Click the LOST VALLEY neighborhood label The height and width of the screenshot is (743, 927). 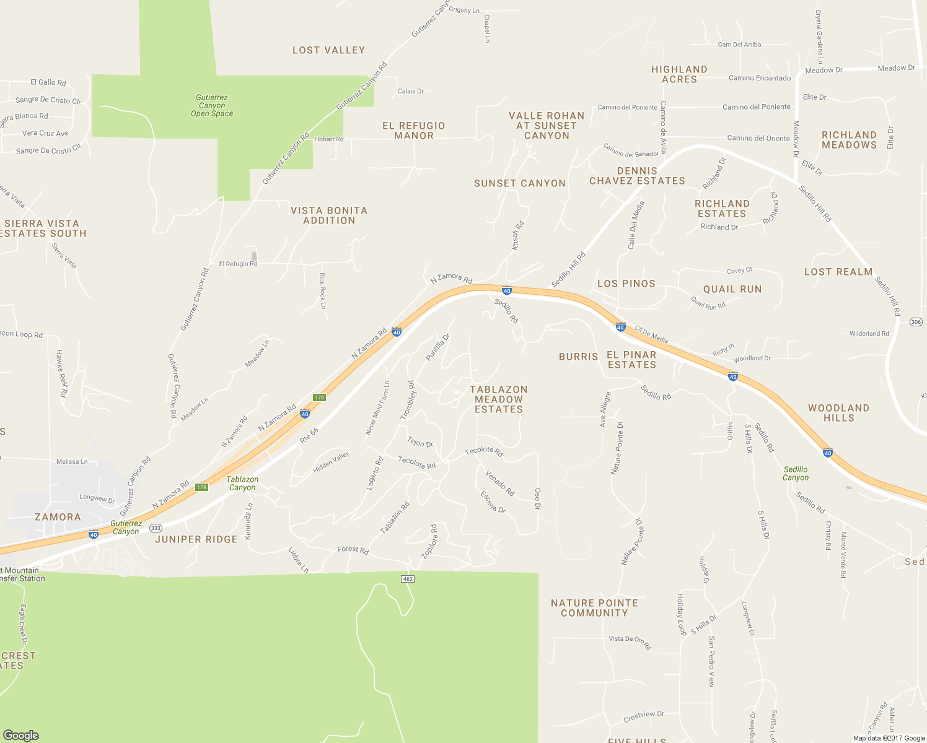pyautogui.click(x=328, y=50)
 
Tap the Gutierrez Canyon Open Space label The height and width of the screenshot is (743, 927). pyautogui.click(x=212, y=106)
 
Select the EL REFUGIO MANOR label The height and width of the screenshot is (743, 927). pyautogui.click(x=414, y=131)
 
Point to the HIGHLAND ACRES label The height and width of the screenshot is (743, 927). pyautogui.click(x=679, y=74)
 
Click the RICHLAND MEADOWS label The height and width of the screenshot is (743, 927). pyautogui.click(x=849, y=140)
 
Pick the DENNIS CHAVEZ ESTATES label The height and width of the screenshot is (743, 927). pyautogui.click(x=637, y=176)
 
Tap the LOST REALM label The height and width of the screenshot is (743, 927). pyautogui.click(x=838, y=272)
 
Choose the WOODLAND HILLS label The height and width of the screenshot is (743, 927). pyautogui.click(x=838, y=413)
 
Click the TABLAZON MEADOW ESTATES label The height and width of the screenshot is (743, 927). pyautogui.click(x=499, y=399)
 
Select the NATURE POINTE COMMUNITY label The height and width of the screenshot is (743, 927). pyautogui.click(x=594, y=608)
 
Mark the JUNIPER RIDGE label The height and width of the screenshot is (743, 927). pyautogui.click(x=196, y=539)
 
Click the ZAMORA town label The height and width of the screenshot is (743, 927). pyautogui.click(x=58, y=517)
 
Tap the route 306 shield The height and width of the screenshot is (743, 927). pyautogui.click(x=916, y=322)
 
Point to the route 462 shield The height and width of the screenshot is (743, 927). pyautogui.click(x=407, y=579)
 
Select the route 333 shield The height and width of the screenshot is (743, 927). pyautogui.click(x=156, y=528)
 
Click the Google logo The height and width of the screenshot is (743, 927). pyautogui.click(x=21, y=735)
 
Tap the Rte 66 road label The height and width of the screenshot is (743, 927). pyautogui.click(x=309, y=435)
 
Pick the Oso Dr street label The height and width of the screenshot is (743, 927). pyautogui.click(x=537, y=498)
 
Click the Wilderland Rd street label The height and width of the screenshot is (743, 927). pyautogui.click(x=869, y=334)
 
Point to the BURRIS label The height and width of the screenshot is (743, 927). pyautogui.click(x=578, y=357)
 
